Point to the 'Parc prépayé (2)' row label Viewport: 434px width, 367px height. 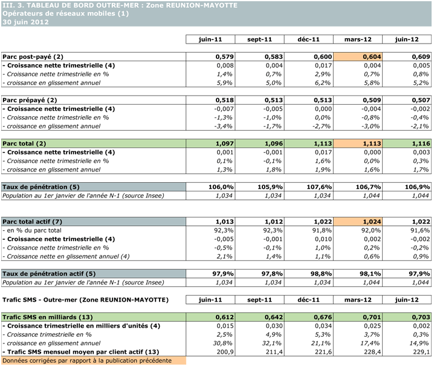30,100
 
